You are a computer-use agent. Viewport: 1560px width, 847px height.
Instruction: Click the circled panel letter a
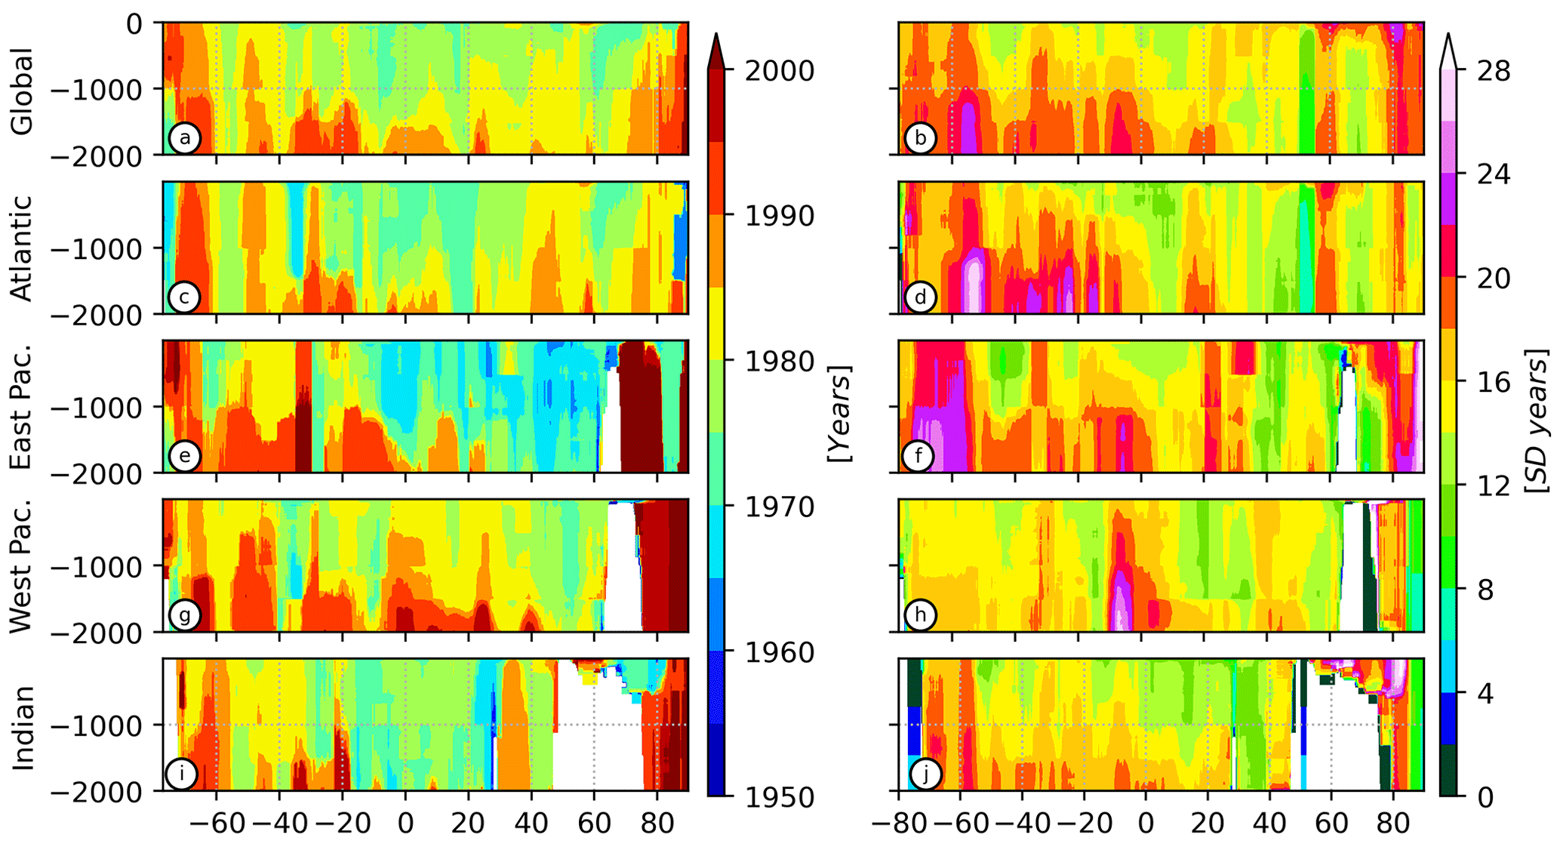[184, 138]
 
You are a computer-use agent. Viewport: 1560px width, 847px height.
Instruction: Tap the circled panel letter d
[920, 297]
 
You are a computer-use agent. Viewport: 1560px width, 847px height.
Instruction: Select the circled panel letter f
[918, 456]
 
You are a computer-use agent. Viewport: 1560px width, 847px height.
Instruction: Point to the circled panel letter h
[920, 614]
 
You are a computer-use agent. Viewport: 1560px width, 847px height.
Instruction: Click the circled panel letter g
[184, 614]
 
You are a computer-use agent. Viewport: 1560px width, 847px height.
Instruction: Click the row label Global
[23, 91]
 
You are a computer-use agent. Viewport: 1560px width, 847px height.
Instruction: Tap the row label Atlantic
[23, 248]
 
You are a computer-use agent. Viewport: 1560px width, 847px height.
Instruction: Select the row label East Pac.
[23, 407]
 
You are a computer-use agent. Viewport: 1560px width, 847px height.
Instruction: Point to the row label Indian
[23, 728]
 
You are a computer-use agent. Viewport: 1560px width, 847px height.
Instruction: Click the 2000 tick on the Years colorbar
[780, 71]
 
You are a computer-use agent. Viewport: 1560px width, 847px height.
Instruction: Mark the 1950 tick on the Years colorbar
[780, 797]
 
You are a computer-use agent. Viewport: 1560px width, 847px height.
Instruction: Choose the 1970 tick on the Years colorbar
[780, 507]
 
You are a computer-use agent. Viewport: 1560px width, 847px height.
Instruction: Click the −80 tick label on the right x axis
[895, 822]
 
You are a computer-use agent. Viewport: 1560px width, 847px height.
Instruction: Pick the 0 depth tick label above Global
[134, 24]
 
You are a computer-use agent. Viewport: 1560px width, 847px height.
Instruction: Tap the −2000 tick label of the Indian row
[106, 792]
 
